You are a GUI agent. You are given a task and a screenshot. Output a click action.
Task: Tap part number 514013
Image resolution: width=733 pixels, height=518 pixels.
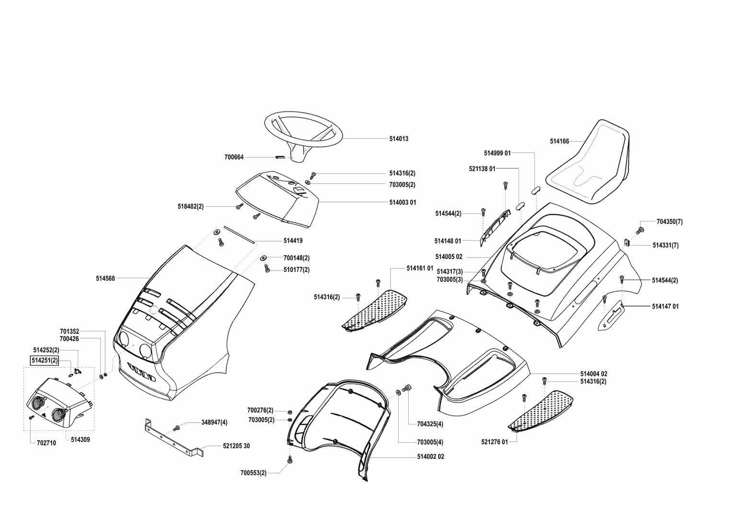(399, 139)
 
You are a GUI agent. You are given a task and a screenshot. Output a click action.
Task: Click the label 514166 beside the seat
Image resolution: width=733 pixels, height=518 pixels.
(559, 141)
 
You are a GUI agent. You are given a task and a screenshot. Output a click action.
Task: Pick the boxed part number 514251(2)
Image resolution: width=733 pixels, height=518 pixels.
(45, 361)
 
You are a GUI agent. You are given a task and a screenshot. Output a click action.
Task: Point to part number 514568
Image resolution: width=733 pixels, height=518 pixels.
(105, 278)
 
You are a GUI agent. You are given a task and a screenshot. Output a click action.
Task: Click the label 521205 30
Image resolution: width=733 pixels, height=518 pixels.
(236, 446)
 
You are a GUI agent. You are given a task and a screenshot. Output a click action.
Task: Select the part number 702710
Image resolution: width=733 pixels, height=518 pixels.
(46, 443)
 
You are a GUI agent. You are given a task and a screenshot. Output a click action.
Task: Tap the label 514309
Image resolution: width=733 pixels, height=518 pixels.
(80, 439)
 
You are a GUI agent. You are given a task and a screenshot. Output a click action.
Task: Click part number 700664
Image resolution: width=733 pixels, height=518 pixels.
(234, 157)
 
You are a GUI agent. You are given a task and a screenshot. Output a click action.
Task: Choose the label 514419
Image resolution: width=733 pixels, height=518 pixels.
(293, 241)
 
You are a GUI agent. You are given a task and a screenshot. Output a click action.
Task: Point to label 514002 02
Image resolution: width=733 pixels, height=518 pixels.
(430, 457)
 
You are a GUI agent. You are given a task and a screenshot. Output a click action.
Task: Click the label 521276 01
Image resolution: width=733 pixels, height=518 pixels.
(494, 442)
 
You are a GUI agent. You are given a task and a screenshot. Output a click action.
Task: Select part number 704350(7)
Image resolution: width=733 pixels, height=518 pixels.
(669, 222)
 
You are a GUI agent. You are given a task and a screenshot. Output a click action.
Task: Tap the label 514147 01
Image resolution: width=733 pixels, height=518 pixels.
(665, 306)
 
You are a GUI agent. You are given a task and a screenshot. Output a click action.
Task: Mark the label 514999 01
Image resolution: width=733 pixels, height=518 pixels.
(497, 153)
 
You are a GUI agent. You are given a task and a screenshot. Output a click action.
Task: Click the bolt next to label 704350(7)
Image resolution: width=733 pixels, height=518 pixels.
(639, 231)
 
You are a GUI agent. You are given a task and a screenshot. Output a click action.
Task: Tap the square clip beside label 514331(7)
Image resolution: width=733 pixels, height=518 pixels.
(627, 242)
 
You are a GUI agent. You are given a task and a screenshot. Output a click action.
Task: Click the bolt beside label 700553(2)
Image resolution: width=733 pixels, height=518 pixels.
(290, 460)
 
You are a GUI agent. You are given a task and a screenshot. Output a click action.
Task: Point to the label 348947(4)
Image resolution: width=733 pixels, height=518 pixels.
(214, 423)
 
